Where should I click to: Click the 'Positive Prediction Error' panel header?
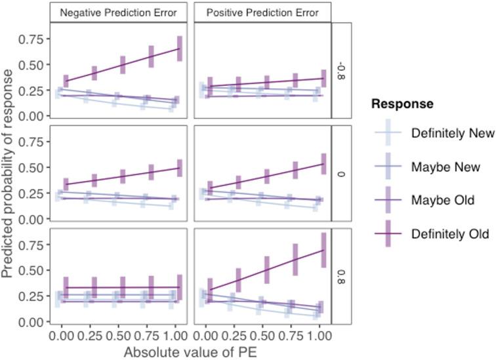click(x=262, y=12)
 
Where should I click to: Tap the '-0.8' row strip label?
click(x=342, y=70)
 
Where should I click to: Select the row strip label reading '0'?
click(x=342, y=173)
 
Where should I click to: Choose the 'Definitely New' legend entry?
click(x=451, y=133)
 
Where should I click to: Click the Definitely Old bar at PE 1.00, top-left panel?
click(x=180, y=49)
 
